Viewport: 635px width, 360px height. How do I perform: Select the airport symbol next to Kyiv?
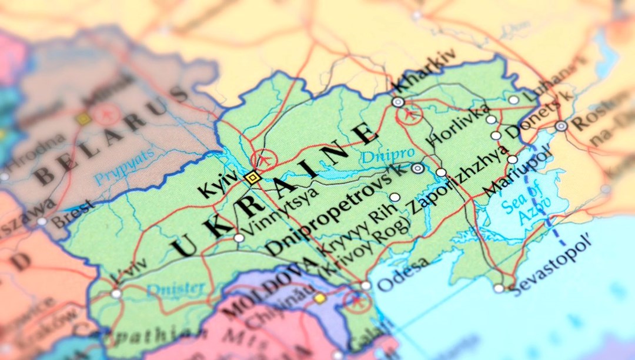[x=263, y=159]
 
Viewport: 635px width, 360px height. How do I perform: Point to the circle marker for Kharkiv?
[x=398, y=102]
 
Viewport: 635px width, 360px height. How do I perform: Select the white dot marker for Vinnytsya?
[x=239, y=238]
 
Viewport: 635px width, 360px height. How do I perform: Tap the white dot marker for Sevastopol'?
[x=499, y=288]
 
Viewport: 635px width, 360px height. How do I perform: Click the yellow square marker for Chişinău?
[x=320, y=298]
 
